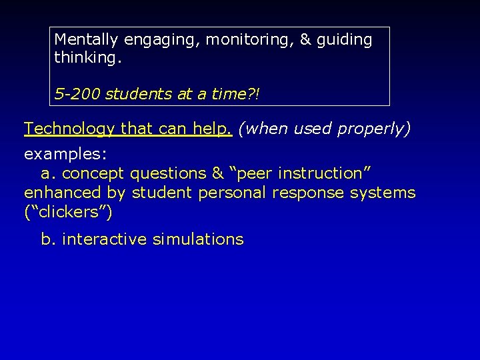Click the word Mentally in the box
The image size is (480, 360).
[85, 40]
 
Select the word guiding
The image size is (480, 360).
[345, 40]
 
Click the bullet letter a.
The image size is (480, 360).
[48, 174]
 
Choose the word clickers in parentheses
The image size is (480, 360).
[68, 213]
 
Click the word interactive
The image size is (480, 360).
[104, 239]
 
